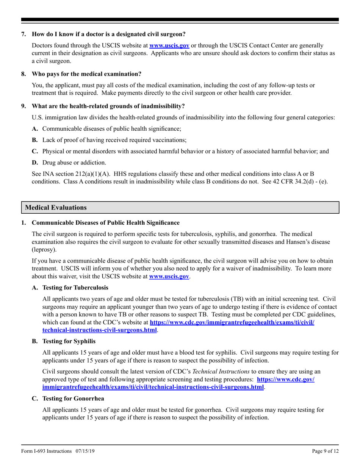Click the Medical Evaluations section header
(x=55, y=208)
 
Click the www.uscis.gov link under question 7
(x=169, y=45)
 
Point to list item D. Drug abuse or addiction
(x=69, y=163)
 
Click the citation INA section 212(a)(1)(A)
(x=67, y=174)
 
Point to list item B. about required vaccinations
(x=109, y=140)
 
